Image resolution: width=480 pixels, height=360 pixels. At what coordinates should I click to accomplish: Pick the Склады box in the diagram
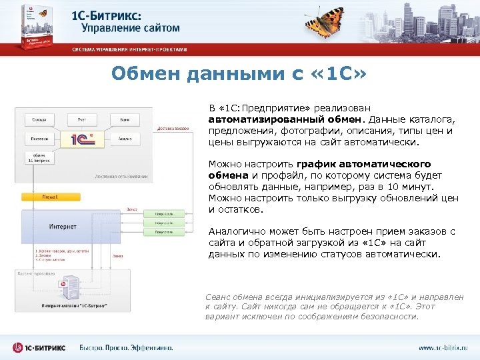39,119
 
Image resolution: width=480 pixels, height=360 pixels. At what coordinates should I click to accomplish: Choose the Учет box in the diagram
82,119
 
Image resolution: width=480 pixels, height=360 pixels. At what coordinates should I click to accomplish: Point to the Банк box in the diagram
125,119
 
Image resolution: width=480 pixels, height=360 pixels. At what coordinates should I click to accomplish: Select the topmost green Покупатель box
164,214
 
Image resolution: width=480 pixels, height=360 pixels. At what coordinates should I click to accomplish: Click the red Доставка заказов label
173,128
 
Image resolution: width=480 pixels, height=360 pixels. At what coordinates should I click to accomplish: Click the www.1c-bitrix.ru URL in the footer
443,347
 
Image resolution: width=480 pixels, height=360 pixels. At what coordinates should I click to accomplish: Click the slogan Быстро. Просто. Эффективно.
126,347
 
